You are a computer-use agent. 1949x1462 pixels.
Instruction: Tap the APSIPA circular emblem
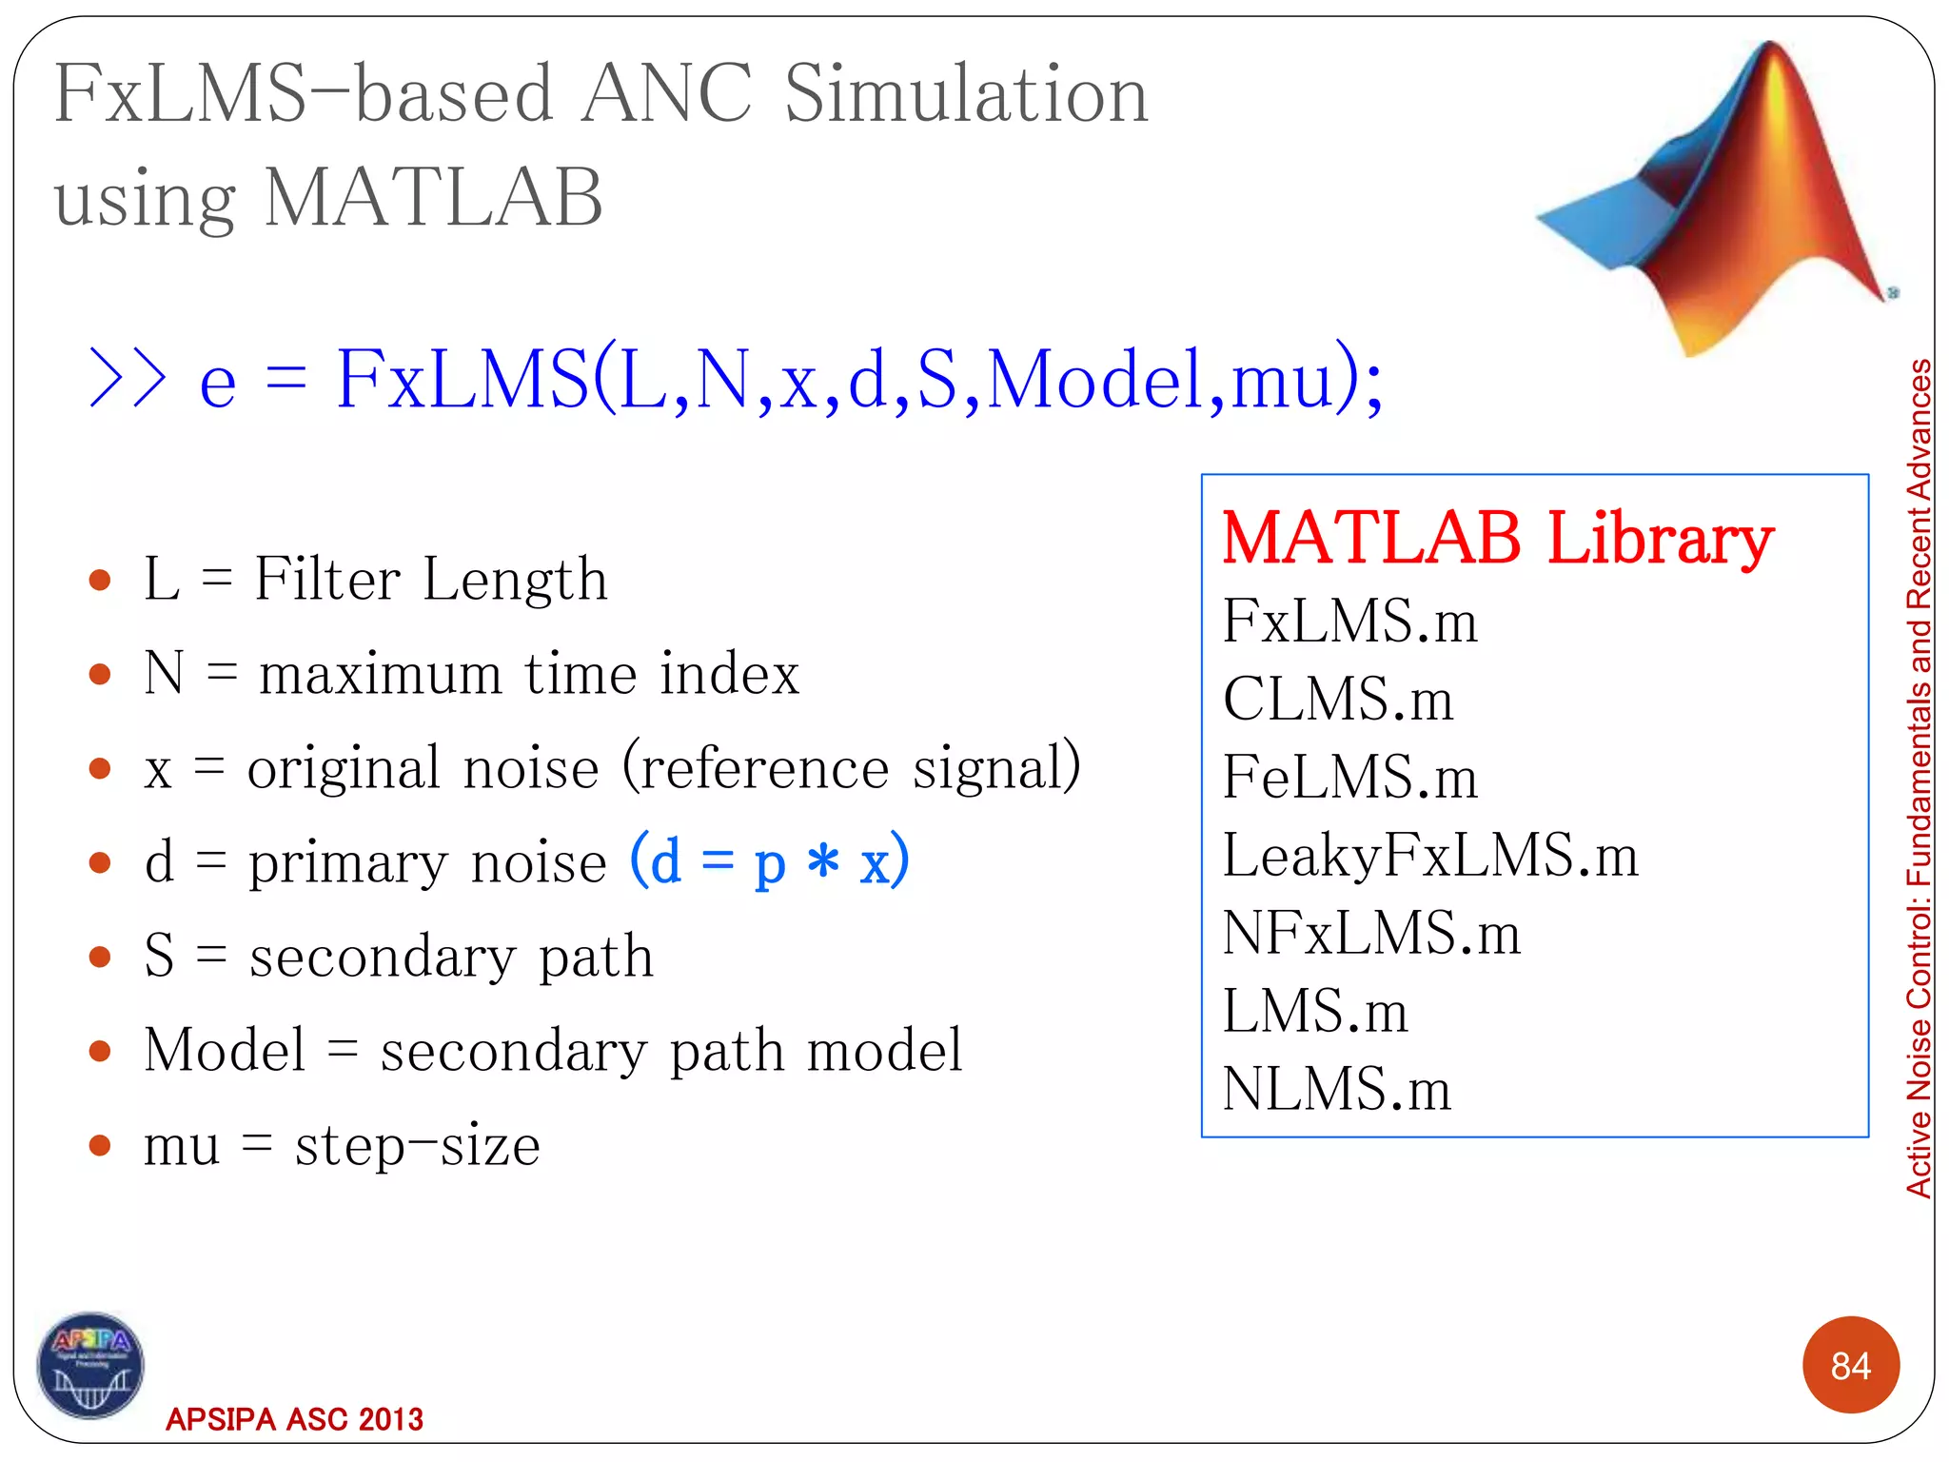pos(90,1366)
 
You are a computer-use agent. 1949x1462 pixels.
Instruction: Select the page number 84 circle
pos(1850,1365)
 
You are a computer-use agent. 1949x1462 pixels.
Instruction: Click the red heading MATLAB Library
pos(1497,538)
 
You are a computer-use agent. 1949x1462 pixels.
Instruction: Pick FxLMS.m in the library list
pos(1349,622)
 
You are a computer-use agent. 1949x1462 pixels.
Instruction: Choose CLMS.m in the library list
pos(1338,700)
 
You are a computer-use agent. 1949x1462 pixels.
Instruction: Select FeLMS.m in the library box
pos(1349,778)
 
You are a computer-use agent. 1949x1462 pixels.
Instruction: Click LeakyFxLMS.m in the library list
pos(1429,855)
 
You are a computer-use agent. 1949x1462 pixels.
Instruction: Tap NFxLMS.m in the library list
pos(1370,933)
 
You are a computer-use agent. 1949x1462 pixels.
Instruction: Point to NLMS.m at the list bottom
pos(1336,1089)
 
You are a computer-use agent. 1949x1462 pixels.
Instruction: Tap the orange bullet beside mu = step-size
pos(100,1145)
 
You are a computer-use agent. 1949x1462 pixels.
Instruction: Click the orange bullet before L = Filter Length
pos(100,580)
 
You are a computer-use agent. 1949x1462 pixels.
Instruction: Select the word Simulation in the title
pos(966,95)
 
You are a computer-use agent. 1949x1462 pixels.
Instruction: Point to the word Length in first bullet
pos(515,580)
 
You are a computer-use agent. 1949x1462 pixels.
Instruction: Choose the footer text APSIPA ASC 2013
pos(294,1419)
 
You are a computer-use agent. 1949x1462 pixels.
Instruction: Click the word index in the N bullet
pos(730,674)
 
